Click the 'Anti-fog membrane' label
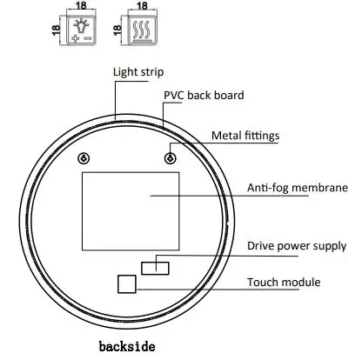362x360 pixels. (296, 187)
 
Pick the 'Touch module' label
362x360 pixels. (283, 282)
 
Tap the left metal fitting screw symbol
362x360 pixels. (84, 158)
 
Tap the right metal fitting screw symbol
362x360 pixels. (170, 158)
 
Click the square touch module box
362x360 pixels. (127, 283)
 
